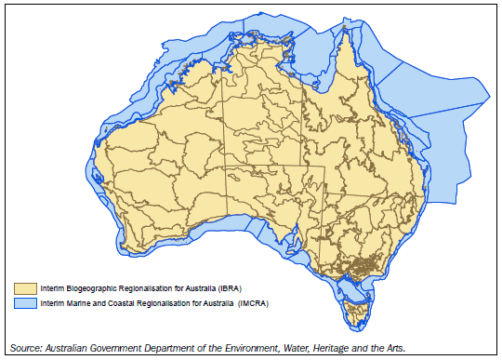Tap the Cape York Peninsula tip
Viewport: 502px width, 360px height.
352,32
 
